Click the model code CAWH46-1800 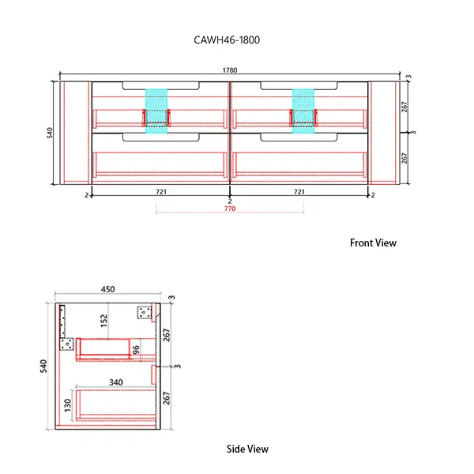[x=226, y=38]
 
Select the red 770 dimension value [x=230, y=209]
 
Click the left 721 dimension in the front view [x=160, y=192]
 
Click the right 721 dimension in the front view [x=299, y=192]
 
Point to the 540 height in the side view [x=44, y=366]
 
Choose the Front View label [x=373, y=243]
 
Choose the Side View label [x=247, y=449]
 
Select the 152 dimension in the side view [x=103, y=319]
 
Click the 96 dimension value [x=135, y=348]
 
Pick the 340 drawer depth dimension [x=117, y=383]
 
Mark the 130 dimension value [x=68, y=404]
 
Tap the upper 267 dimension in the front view [x=404, y=107]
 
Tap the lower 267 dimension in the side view [x=167, y=397]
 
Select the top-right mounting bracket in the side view [x=144, y=312]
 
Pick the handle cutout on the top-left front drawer [x=160, y=84]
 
